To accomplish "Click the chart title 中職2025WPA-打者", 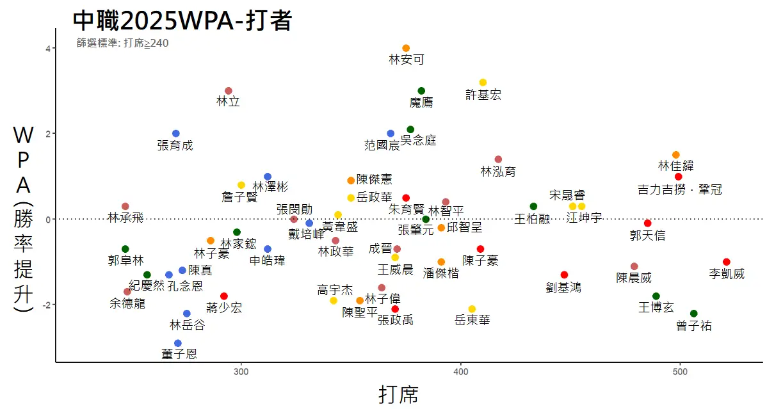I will (182, 21).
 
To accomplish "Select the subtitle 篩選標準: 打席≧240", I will (122, 44).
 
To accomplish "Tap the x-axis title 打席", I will (398, 394).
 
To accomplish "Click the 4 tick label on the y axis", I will (47, 49).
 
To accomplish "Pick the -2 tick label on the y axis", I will (45, 305).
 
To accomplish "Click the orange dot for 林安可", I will (406, 48).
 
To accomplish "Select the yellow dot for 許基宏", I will (483, 83).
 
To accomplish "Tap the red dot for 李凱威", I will (726, 262).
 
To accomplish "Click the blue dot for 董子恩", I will (178, 343).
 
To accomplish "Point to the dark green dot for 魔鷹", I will (421, 91).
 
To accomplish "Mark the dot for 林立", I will (229, 91).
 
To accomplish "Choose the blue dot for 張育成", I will (176, 134).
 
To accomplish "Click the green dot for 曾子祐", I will (693, 314).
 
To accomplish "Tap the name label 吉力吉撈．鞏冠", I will (680, 189).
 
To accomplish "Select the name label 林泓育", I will (498, 172).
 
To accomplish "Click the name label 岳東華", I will (472, 319).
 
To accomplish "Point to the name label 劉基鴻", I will (563, 287).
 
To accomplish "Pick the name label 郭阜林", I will (126, 261).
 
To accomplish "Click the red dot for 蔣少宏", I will (224, 296).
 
